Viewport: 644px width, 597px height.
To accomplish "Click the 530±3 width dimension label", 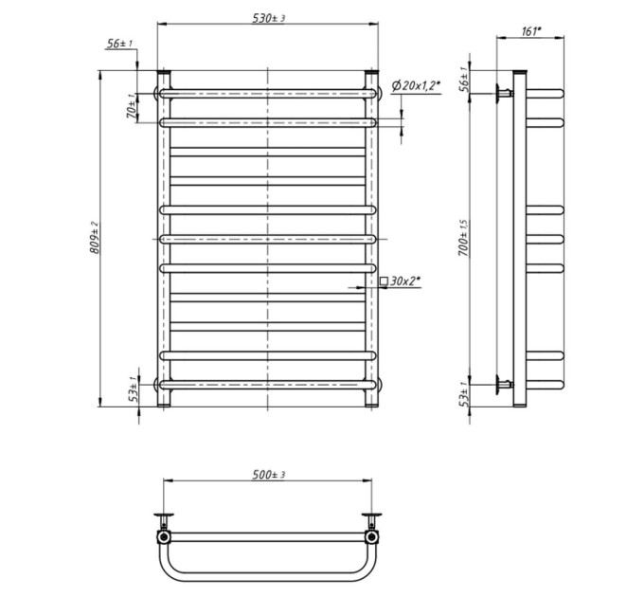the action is point(269,18).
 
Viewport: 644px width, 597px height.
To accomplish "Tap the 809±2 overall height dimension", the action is point(95,237).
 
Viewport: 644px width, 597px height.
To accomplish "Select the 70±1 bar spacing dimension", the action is point(132,107).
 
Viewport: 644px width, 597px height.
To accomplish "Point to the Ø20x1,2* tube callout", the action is point(416,86).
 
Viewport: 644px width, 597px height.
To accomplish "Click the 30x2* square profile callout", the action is point(401,281).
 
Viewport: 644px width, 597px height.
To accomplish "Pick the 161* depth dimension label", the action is point(532,31).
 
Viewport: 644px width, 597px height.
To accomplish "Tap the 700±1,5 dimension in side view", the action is point(463,238).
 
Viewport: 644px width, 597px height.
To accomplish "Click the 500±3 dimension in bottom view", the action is point(269,475).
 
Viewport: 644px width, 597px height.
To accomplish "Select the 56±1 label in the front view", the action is point(119,44).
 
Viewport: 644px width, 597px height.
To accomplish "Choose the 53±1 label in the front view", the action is point(133,389).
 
